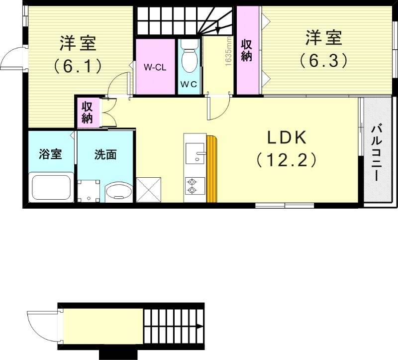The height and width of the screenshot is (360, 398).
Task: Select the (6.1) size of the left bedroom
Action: click(78, 65)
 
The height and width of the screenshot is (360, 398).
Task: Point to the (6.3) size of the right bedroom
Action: click(322, 60)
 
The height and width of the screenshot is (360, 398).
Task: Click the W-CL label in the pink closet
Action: click(155, 67)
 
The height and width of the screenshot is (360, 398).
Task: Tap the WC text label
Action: click(189, 84)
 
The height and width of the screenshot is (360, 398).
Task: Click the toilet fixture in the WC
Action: click(189, 57)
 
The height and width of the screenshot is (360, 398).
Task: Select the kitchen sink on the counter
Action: click(195, 153)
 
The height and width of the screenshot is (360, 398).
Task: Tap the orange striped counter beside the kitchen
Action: click(212, 168)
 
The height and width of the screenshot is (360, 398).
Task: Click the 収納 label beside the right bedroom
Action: click(246, 50)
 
